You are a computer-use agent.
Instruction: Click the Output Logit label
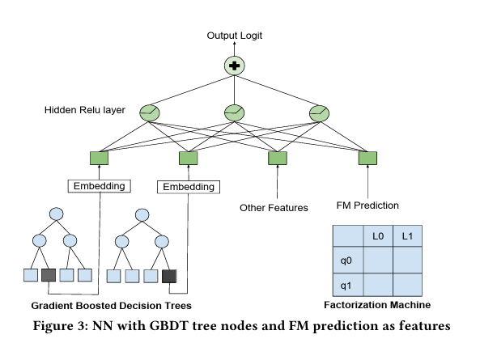pos(235,36)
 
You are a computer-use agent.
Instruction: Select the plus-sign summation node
pos(235,66)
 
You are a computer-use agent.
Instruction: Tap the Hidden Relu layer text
pos(85,110)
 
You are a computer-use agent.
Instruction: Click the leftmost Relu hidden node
pos(150,113)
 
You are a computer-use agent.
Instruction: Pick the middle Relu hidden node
pos(235,113)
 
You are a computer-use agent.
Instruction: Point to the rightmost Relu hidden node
pos(319,113)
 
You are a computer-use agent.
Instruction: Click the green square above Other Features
pos(278,158)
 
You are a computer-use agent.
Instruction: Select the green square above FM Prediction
pos(367,158)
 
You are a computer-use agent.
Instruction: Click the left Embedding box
pos(100,186)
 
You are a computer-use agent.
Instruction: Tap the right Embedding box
pos(189,187)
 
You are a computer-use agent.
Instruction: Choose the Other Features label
pos(274,208)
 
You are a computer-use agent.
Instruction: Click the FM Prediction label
pos(367,205)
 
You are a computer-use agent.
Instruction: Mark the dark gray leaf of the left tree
pos(49,275)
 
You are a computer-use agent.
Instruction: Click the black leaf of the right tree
pos(169,276)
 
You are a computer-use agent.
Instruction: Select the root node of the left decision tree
pos(57,214)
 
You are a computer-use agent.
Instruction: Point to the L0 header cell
pos(378,235)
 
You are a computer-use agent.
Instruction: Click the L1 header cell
pos(407,235)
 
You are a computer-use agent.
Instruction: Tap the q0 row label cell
pos(348,260)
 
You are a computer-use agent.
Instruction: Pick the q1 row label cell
pos(348,285)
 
